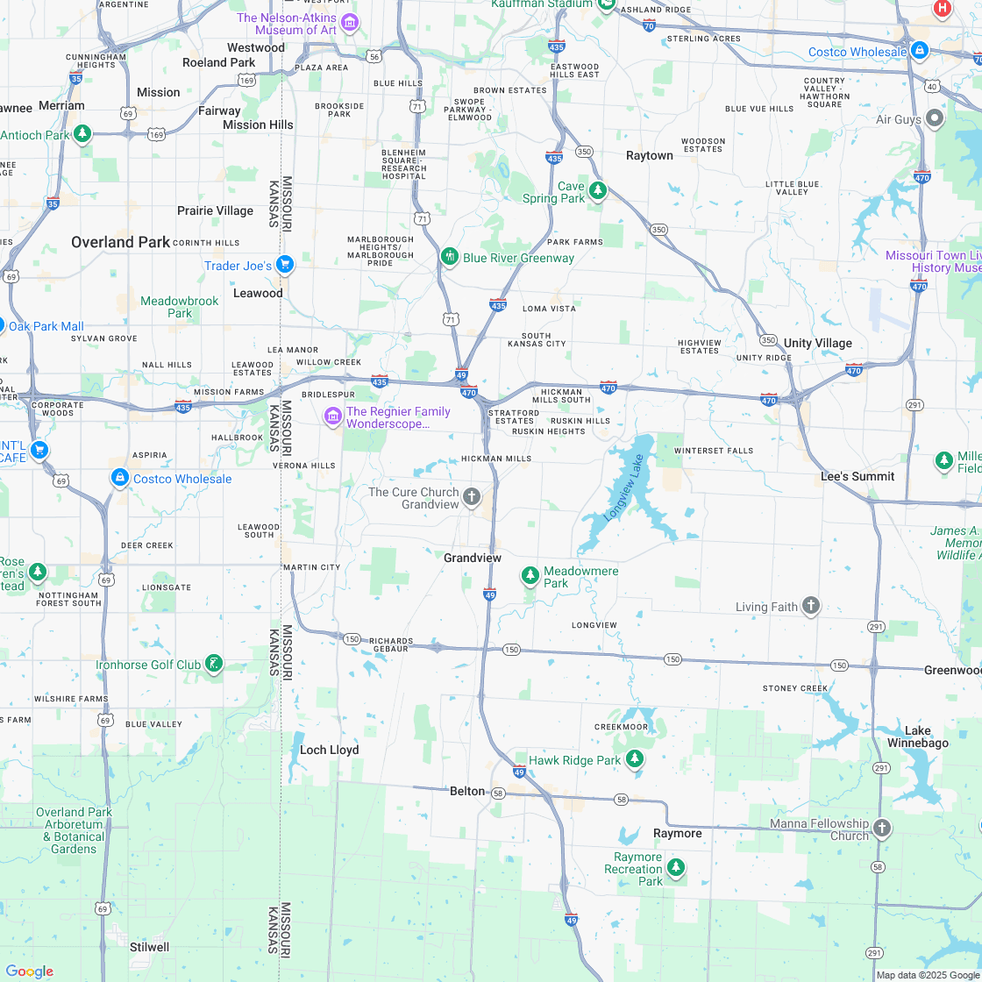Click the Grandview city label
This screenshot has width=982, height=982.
click(x=472, y=558)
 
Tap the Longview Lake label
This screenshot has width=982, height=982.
click(x=624, y=488)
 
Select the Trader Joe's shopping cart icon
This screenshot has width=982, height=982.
click(x=284, y=264)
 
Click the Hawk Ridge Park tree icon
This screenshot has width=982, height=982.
click(x=634, y=759)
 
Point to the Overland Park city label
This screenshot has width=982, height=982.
click(x=120, y=242)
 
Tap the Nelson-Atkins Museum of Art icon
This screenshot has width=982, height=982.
click(x=350, y=22)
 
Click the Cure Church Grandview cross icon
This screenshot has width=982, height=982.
click(x=472, y=498)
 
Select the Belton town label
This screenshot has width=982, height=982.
click(x=466, y=791)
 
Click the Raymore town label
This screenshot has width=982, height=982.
click(x=677, y=833)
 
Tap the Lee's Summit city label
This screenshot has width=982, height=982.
click(x=857, y=476)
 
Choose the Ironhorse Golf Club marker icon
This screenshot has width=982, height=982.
click(x=213, y=664)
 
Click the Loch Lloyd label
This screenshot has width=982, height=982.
click(x=329, y=750)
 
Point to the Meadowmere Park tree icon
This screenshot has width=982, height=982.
click(x=530, y=575)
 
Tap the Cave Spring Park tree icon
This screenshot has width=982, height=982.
click(x=598, y=190)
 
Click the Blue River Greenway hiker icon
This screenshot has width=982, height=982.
click(x=450, y=257)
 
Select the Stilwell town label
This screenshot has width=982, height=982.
click(x=148, y=947)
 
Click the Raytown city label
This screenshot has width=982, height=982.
click(x=649, y=155)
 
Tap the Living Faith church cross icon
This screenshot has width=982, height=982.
click(x=811, y=605)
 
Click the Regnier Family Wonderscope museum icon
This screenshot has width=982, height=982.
click(x=332, y=416)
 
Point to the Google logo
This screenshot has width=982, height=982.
click(x=29, y=971)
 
